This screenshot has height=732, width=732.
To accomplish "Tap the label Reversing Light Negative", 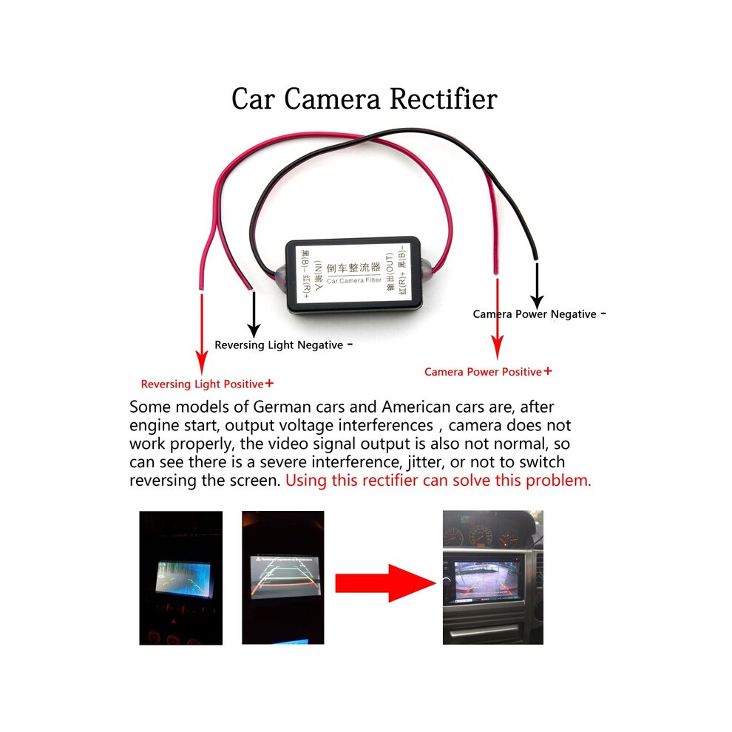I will [279, 345].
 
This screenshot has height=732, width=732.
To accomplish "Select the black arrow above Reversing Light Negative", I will [254, 314].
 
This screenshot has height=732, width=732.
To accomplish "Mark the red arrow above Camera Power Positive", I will [498, 318].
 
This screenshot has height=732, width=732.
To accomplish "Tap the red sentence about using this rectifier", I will [438, 481].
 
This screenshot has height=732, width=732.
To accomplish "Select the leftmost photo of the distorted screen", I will [181, 577].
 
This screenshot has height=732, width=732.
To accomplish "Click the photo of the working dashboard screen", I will [492, 577].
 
